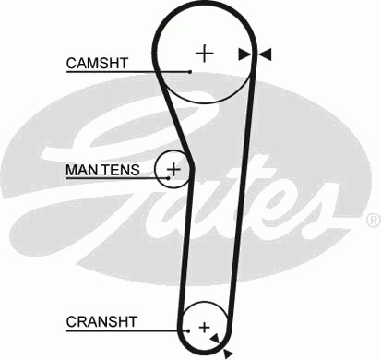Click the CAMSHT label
coord(97,63)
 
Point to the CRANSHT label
coord(101,322)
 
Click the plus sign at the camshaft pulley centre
coord(205,54)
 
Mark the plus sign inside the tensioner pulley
coord(174,169)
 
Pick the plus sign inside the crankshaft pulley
coord(204,328)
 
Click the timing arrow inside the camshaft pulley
coord(244,54)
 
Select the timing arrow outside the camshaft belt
coord(265,54)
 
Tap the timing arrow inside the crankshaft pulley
coord(215,338)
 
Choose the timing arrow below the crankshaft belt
coord(228,354)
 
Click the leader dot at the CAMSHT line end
coord(190,72)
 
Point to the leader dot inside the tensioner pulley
coord(168,178)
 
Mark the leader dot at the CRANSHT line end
coord(188,331)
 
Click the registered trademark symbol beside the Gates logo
coord(375,220)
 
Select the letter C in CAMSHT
coord(71,63)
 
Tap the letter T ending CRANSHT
coord(132,322)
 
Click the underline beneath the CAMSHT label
coord(128,72)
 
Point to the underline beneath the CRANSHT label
coord(127,331)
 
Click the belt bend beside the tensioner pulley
coord(192,168)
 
